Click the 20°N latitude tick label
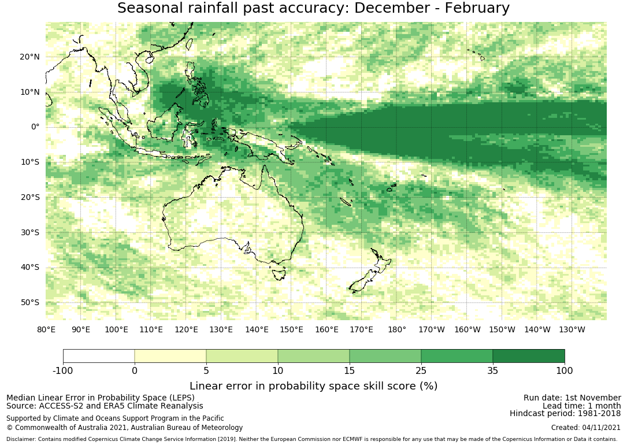29,57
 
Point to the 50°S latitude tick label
29,302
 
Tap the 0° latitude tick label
35,127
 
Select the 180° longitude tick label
397,329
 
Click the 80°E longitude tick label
46,329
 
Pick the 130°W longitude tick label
572,329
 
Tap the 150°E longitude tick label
291,329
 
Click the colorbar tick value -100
63,370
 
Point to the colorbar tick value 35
493,370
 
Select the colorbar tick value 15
350,370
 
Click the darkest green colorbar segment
529,356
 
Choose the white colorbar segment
99,356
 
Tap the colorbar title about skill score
313,385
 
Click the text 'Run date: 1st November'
572,398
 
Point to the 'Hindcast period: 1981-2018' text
565,413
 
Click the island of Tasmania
279,273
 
